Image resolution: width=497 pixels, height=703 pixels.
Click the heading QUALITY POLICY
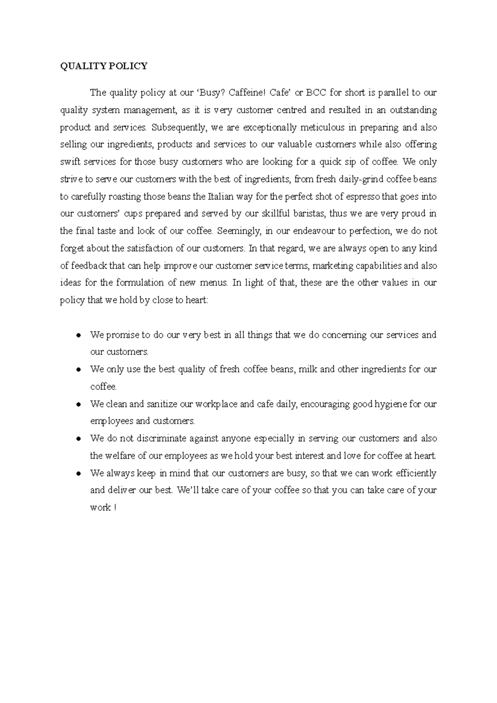tap(104, 66)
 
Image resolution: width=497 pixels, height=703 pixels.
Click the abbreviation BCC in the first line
tap(316, 93)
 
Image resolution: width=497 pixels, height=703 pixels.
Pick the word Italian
tap(221, 197)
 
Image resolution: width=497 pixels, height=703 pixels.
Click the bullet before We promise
tap(78, 335)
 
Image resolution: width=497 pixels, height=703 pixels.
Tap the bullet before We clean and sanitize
tap(78, 404)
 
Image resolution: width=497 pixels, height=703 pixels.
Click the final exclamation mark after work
tap(114, 508)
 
